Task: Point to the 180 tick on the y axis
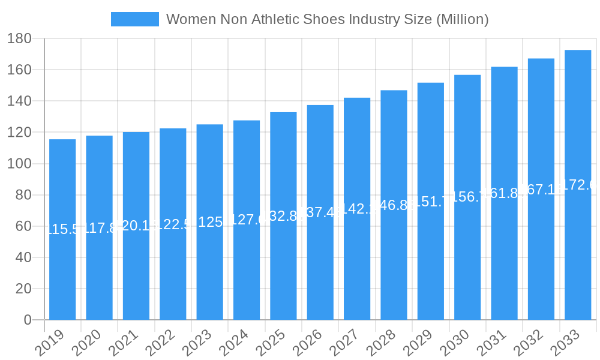pos(20,39)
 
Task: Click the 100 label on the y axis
pos(20,164)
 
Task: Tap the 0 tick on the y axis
pos(28,320)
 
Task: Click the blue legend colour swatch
pos(135,19)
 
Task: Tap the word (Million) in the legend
pos(462,19)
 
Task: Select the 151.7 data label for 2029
pos(431,202)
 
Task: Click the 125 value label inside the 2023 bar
pos(209,222)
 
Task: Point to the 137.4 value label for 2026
pos(320,212)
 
